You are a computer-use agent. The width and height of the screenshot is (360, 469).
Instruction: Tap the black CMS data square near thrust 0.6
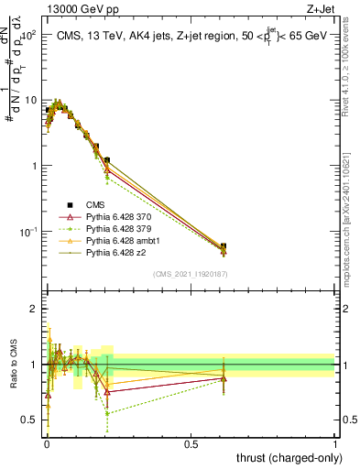224,246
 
